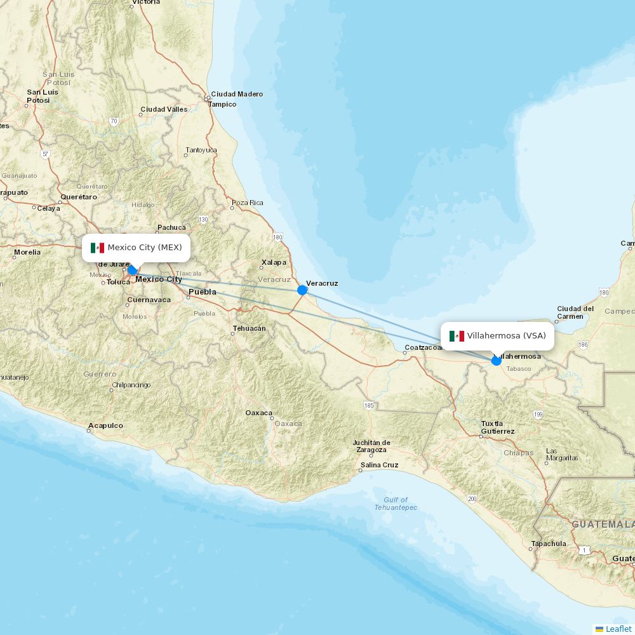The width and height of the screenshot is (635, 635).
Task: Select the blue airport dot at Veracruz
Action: tap(302, 290)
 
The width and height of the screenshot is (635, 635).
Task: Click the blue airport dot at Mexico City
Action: tap(132, 270)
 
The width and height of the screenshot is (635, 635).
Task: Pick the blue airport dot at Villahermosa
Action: tap(497, 361)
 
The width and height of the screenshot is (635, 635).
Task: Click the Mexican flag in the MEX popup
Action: tap(97, 248)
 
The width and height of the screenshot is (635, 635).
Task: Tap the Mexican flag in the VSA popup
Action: tap(457, 336)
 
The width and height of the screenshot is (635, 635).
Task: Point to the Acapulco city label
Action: tap(105, 425)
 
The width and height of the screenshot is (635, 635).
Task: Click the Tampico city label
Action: tap(222, 104)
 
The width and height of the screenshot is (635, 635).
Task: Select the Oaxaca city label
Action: tap(259, 413)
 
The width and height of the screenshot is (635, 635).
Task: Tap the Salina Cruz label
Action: tap(379, 465)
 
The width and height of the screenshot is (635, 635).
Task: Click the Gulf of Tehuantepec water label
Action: tap(396, 504)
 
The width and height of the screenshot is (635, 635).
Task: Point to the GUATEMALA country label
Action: tap(603, 525)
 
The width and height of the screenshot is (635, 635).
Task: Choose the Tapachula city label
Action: tap(548, 544)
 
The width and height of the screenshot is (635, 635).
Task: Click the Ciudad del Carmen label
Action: tap(575, 312)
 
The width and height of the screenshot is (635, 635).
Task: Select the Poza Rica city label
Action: tap(247, 203)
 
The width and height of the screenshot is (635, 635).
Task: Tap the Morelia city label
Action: tap(27, 252)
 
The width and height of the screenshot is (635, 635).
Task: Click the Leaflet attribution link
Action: tap(618, 629)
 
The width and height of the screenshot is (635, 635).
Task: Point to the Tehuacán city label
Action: tap(249, 328)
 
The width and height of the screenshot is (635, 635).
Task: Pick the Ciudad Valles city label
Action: tap(164, 109)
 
